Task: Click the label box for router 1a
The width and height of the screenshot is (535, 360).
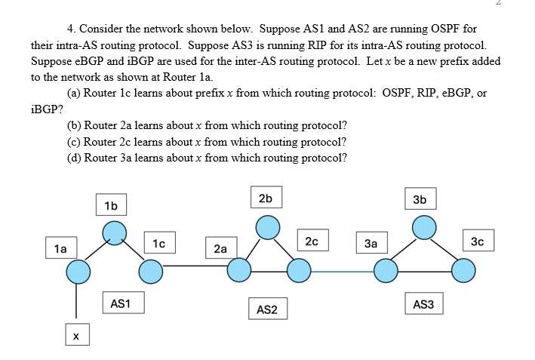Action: coord(60,248)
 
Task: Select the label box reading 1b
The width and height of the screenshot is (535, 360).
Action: coord(112,205)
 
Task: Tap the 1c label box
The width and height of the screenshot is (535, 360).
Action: coord(158,243)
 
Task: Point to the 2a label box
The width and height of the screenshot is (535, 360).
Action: coord(220,248)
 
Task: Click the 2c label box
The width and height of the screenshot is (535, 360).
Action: coord(312,242)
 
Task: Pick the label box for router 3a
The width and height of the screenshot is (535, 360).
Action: coord(371,244)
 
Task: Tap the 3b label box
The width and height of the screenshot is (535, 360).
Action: coord(420,199)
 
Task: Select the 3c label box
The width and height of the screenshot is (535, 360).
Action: coord(476,242)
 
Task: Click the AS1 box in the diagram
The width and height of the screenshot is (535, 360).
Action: coord(121,303)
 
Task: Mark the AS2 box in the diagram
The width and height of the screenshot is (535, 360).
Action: coord(267,309)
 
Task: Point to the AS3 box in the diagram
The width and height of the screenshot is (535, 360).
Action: coord(424,304)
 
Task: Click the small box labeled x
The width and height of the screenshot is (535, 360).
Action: coord(75,335)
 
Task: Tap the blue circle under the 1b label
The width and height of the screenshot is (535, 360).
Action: coord(113,231)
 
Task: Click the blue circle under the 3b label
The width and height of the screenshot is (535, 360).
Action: coord(424,226)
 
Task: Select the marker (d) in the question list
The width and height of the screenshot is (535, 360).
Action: coord(75,157)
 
